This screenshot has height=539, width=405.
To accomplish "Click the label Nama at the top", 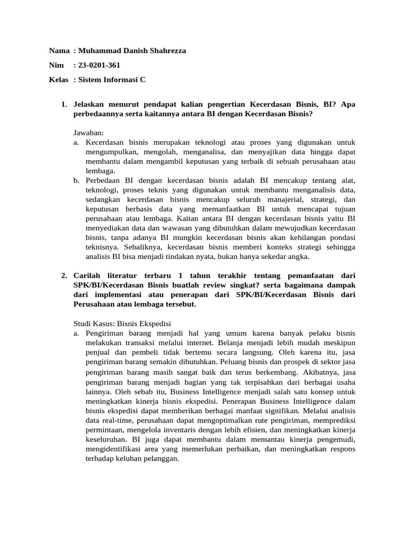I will point(59,51).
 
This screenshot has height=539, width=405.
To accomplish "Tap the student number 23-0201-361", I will point(101,65).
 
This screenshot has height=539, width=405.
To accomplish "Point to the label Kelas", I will point(59,80).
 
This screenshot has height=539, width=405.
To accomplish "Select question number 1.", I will point(64,104).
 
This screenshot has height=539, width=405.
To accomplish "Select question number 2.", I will point(64,275).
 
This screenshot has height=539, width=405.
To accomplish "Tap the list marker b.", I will point(76,181).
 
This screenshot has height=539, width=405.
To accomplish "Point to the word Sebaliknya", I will point(142,247).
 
